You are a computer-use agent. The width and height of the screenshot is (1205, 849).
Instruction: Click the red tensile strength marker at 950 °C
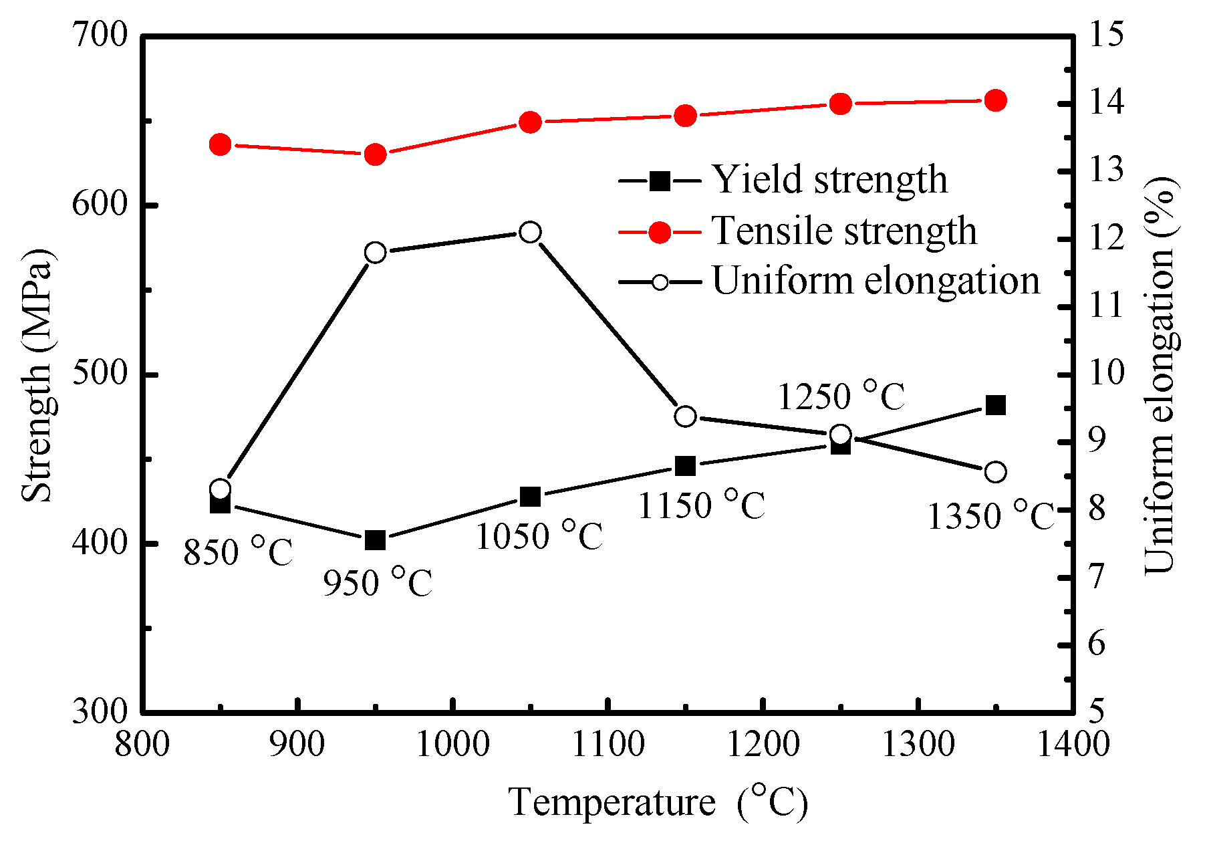click(376, 154)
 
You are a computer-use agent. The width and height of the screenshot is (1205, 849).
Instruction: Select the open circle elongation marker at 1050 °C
click(530, 232)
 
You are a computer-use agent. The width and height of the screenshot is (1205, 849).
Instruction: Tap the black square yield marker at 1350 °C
click(996, 405)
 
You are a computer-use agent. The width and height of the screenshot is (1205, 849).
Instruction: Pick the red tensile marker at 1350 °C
click(996, 101)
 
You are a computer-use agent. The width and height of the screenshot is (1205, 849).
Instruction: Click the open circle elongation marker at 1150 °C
click(686, 416)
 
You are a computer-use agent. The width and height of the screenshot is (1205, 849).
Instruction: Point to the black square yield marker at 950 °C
click(376, 540)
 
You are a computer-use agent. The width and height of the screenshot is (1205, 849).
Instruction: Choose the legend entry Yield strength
click(829, 180)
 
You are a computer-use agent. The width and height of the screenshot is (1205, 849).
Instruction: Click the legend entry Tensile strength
click(843, 231)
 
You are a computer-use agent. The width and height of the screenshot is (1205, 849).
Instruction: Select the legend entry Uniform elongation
click(876, 281)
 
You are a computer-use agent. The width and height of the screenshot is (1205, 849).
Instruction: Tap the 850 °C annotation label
click(239, 552)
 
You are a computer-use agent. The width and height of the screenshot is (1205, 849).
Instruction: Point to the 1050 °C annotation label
click(539, 535)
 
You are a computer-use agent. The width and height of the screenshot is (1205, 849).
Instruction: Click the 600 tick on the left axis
click(100, 205)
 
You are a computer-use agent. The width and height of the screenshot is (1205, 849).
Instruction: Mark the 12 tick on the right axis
click(1107, 239)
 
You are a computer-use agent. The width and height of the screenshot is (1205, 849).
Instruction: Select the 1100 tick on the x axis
click(608, 744)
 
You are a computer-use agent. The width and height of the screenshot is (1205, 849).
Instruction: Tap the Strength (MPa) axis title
click(36, 374)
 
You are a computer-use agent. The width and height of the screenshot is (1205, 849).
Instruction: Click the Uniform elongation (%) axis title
click(1160, 374)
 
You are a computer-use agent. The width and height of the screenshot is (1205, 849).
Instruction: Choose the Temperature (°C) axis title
click(658, 802)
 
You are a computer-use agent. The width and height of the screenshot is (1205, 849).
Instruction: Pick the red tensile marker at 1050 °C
click(530, 122)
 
